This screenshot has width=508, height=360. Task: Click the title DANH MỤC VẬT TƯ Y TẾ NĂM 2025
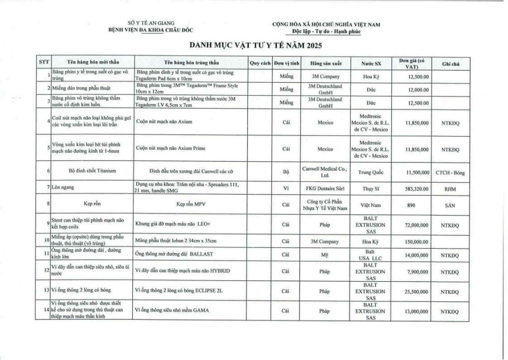click(x=256, y=45)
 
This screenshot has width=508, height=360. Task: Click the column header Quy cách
click(x=260, y=64)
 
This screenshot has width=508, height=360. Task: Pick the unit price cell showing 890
click(x=411, y=205)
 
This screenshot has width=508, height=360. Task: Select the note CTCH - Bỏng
click(x=450, y=172)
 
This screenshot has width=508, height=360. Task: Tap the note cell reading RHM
click(x=450, y=188)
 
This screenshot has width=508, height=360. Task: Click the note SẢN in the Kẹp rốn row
click(x=450, y=205)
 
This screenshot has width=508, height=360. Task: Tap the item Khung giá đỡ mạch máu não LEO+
click(x=166, y=224)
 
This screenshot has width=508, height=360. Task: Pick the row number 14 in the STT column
click(x=46, y=310)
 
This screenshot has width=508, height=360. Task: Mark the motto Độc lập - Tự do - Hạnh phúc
click(x=326, y=32)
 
